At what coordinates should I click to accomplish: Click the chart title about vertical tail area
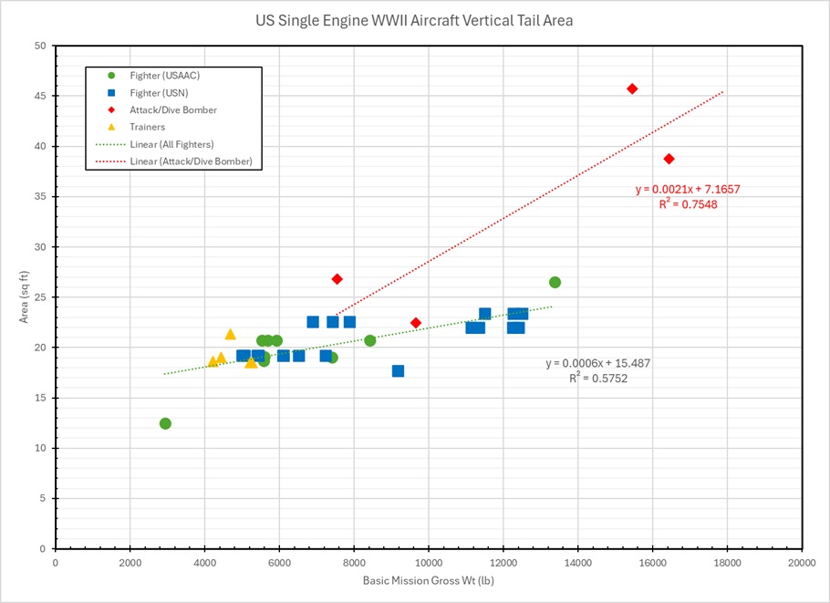[x=414, y=20]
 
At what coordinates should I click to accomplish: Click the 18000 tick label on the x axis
[x=727, y=562]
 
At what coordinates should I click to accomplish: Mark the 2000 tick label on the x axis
[x=130, y=562]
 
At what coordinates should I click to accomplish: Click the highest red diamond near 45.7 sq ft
[x=632, y=88]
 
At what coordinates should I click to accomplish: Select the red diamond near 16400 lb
[x=669, y=159]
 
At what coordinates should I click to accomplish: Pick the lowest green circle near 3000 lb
[x=165, y=423]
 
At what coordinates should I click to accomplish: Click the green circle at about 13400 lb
[x=555, y=282]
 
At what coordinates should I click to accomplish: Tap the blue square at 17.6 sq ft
[x=398, y=371]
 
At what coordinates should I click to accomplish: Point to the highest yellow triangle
[x=230, y=334]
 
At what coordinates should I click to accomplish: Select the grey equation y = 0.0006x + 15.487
[x=597, y=363]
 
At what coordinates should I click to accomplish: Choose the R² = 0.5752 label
[x=597, y=378]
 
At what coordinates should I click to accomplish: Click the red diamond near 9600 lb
[x=416, y=323]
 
